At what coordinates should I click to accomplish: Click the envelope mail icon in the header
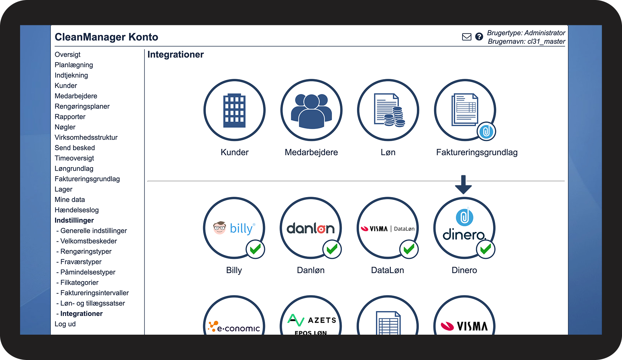(x=466, y=37)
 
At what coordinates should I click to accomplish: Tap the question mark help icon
(x=479, y=37)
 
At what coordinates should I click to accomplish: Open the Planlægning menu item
(x=74, y=65)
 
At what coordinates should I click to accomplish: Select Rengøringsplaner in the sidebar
(x=82, y=106)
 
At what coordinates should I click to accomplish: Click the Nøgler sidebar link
(x=65, y=127)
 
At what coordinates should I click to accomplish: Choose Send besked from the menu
(x=75, y=148)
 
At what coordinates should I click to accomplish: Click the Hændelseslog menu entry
(x=76, y=210)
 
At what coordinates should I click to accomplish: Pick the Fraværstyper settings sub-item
(x=81, y=262)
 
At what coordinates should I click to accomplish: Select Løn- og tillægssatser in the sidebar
(x=92, y=303)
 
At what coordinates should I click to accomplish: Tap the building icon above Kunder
(x=234, y=110)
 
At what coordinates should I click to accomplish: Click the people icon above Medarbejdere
(x=311, y=110)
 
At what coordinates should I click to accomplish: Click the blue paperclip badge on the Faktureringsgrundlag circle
(x=486, y=132)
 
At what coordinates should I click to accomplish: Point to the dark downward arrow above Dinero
(x=463, y=185)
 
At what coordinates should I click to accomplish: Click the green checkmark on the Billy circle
(x=255, y=249)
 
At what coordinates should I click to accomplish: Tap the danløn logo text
(x=310, y=229)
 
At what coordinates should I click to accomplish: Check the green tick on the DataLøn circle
(x=409, y=249)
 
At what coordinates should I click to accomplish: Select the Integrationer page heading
(x=175, y=55)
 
